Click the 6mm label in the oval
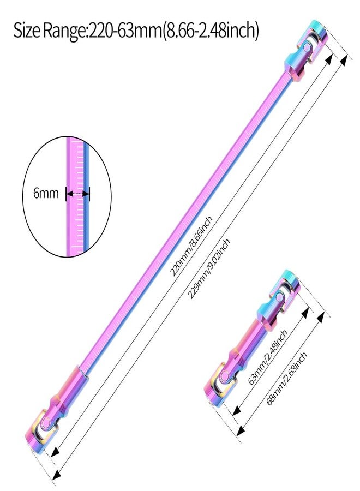[x=46, y=193]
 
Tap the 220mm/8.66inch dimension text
[x=191, y=246]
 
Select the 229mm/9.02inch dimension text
[x=208, y=268]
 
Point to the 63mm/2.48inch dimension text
[x=267, y=357]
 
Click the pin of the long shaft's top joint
[x=308, y=47]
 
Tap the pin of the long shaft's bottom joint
[x=46, y=423]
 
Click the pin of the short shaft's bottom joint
[x=224, y=376]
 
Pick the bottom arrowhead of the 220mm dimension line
[x=55, y=451]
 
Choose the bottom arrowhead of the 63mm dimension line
[x=236, y=410]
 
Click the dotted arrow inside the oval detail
[x=77, y=194]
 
